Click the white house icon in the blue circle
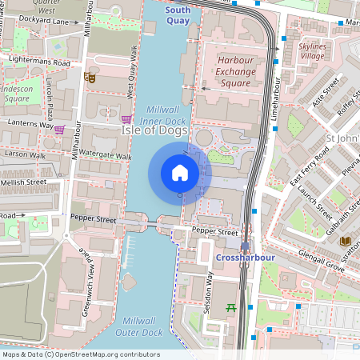click(x=180, y=173)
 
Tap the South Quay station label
click(x=178, y=15)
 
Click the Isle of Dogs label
click(x=154, y=130)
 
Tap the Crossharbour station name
click(x=245, y=258)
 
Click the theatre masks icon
click(x=90, y=78)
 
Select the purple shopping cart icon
click(x=59, y=129)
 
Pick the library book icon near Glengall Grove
click(x=346, y=242)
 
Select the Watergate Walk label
click(x=102, y=156)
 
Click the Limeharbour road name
click(x=273, y=120)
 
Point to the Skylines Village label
click(x=311, y=52)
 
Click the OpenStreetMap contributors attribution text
click(x=81, y=354)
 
